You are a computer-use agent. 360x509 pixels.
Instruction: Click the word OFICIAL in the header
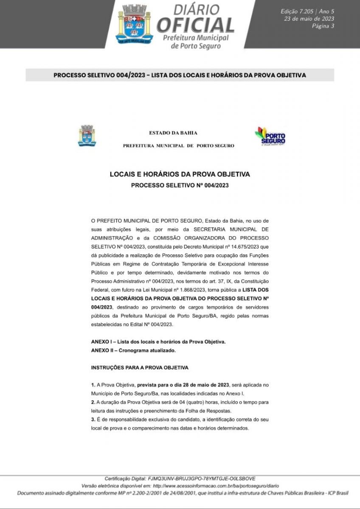click(x=195, y=25)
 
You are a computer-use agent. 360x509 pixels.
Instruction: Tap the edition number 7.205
click(x=305, y=11)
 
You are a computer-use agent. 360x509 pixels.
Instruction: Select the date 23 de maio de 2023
click(x=309, y=18)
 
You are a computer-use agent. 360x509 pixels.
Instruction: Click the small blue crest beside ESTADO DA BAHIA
click(x=87, y=136)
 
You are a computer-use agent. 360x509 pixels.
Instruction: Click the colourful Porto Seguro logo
click(x=270, y=136)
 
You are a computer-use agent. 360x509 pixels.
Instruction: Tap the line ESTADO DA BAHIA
click(x=173, y=133)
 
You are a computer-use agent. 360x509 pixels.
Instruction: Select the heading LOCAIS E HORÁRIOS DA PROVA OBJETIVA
click(x=180, y=174)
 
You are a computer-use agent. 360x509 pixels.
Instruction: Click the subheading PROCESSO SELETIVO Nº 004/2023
click(x=180, y=185)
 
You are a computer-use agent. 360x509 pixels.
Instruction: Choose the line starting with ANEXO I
click(x=159, y=341)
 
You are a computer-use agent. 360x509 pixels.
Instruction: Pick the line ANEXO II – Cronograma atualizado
click(x=133, y=350)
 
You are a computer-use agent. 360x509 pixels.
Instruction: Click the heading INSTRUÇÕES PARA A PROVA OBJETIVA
click(x=140, y=367)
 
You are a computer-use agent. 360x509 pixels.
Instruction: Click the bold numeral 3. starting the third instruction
click(x=93, y=419)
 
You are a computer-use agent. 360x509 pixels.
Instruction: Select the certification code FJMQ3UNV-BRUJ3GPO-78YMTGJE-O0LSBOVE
click(x=201, y=478)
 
